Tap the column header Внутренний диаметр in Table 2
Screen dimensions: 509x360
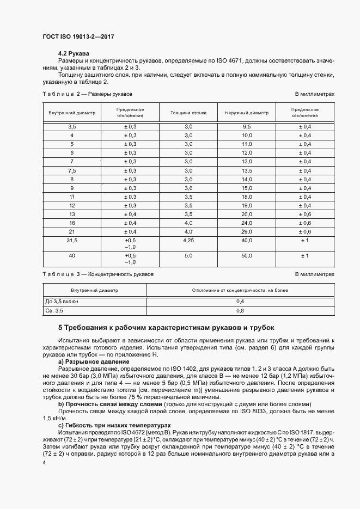pyautogui.click(x=71, y=113)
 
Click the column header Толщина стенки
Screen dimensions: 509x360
pyautogui.click(x=188, y=113)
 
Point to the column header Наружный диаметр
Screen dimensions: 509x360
pyautogui.click(x=247, y=113)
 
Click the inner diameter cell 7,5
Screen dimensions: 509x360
pyautogui.click(x=71, y=170)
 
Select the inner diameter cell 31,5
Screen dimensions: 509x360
pyautogui.click(x=71, y=240)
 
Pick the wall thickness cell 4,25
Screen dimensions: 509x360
pyautogui.click(x=188, y=240)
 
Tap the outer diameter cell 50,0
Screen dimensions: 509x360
pyautogui.click(x=247, y=255)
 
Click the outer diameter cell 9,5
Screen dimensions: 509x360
pyautogui.click(x=247, y=126)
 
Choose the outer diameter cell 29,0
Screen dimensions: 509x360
pyautogui.click(x=247, y=231)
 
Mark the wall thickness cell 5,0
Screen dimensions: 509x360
pyautogui.click(x=188, y=255)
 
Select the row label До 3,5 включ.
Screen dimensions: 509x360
pyautogui.click(x=64, y=301)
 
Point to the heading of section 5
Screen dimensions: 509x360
pyautogui.click(x=166, y=328)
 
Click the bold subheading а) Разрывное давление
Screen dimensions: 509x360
pyautogui.click(x=94, y=361)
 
